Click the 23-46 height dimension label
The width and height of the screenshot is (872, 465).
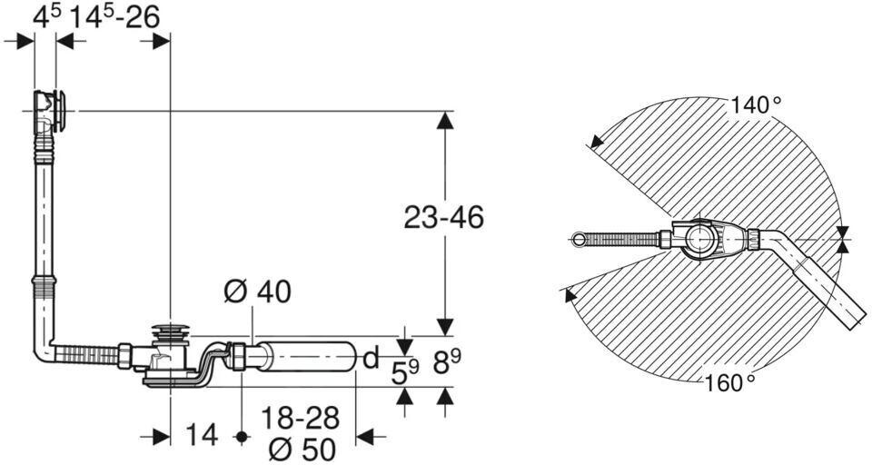click(x=443, y=217)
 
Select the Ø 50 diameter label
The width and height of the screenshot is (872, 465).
click(x=301, y=449)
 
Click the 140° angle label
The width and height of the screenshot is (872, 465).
click(x=756, y=104)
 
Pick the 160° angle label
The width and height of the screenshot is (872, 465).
click(x=730, y=382)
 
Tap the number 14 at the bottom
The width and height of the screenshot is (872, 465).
click(x=202, y=435)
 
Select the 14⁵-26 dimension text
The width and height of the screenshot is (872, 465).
click(x=114, y=17)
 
